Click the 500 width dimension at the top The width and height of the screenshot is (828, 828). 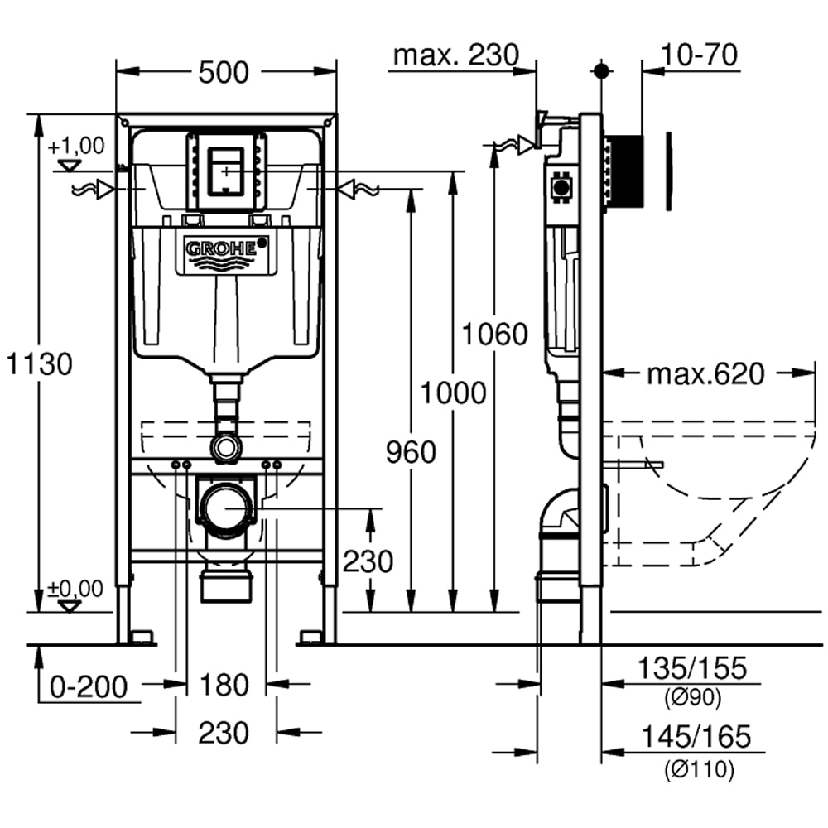point(224,73)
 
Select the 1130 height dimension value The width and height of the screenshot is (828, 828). point(41,363)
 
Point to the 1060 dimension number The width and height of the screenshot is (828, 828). point(494,335)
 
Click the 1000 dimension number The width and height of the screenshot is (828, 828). point(453,392)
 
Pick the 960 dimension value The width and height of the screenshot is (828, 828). point(411,453)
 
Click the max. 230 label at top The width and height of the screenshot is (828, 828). point(455,55)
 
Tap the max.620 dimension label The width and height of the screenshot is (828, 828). point(705,374)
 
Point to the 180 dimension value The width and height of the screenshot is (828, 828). point(224,686)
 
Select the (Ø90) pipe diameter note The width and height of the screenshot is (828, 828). point(693,698)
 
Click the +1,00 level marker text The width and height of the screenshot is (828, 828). point(76,147)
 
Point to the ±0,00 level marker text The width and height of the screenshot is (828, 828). point(75,589)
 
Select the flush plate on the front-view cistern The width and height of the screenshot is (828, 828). point(226,171)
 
